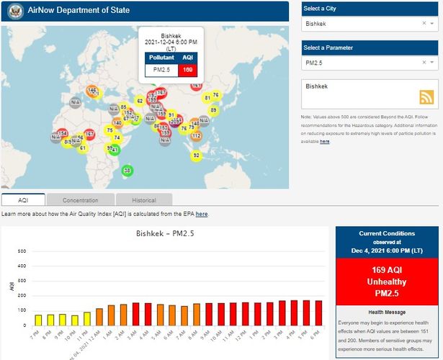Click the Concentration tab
[x=80, y=199]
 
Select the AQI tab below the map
[x=23, y=199]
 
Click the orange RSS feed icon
[x=427, y=98]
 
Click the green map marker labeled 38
[x=127, y=171]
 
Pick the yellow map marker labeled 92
[x=195, y=155]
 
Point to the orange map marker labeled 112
[x=196, y=135]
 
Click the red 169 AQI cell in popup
[x=187, y=70]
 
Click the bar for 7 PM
[x=38, y=319]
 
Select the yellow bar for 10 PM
[x=75, y=318]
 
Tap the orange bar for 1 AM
[x=112, y=315]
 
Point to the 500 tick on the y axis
[x=22, y=251]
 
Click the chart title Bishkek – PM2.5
[x=165, y=233]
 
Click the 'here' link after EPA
[x=202, y=214]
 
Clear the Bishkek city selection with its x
[x=424, y=24]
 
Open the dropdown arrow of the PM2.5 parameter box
[x=433, y=63]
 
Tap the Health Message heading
[x=387, y=312]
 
